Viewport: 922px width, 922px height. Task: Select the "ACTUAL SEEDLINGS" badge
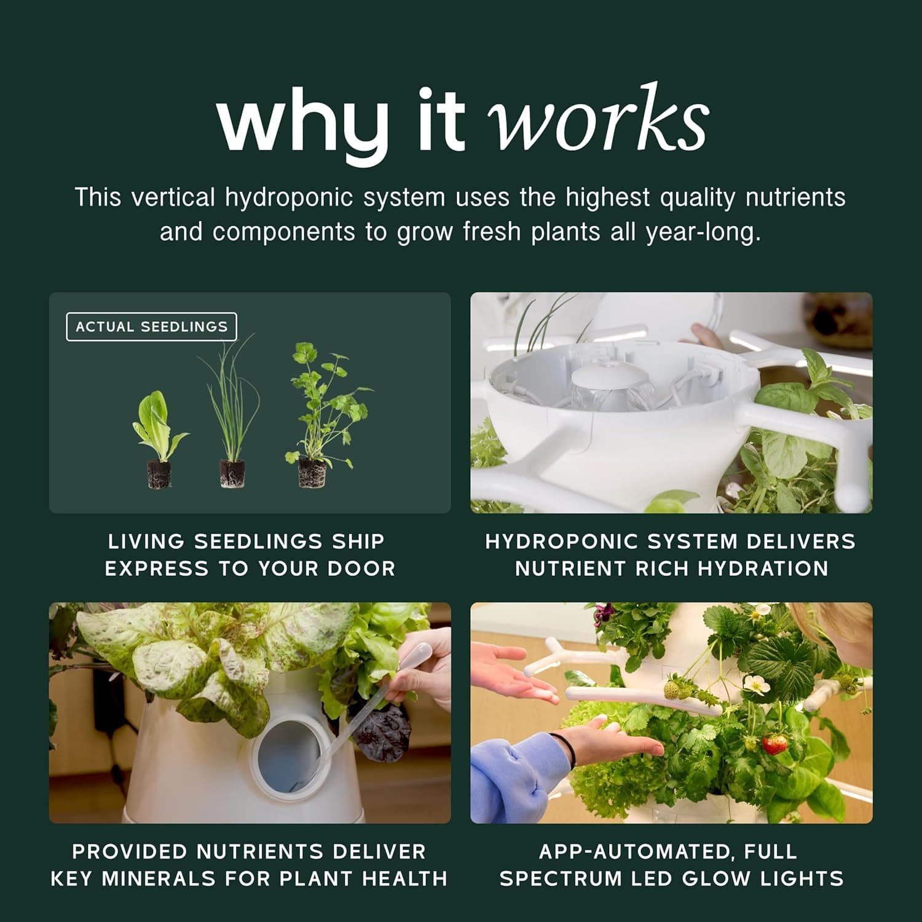(151, 327)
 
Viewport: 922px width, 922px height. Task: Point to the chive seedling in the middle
(232, 418)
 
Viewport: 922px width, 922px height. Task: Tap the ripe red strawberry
(774, 744)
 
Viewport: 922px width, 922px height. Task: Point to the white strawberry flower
(753, 682)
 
